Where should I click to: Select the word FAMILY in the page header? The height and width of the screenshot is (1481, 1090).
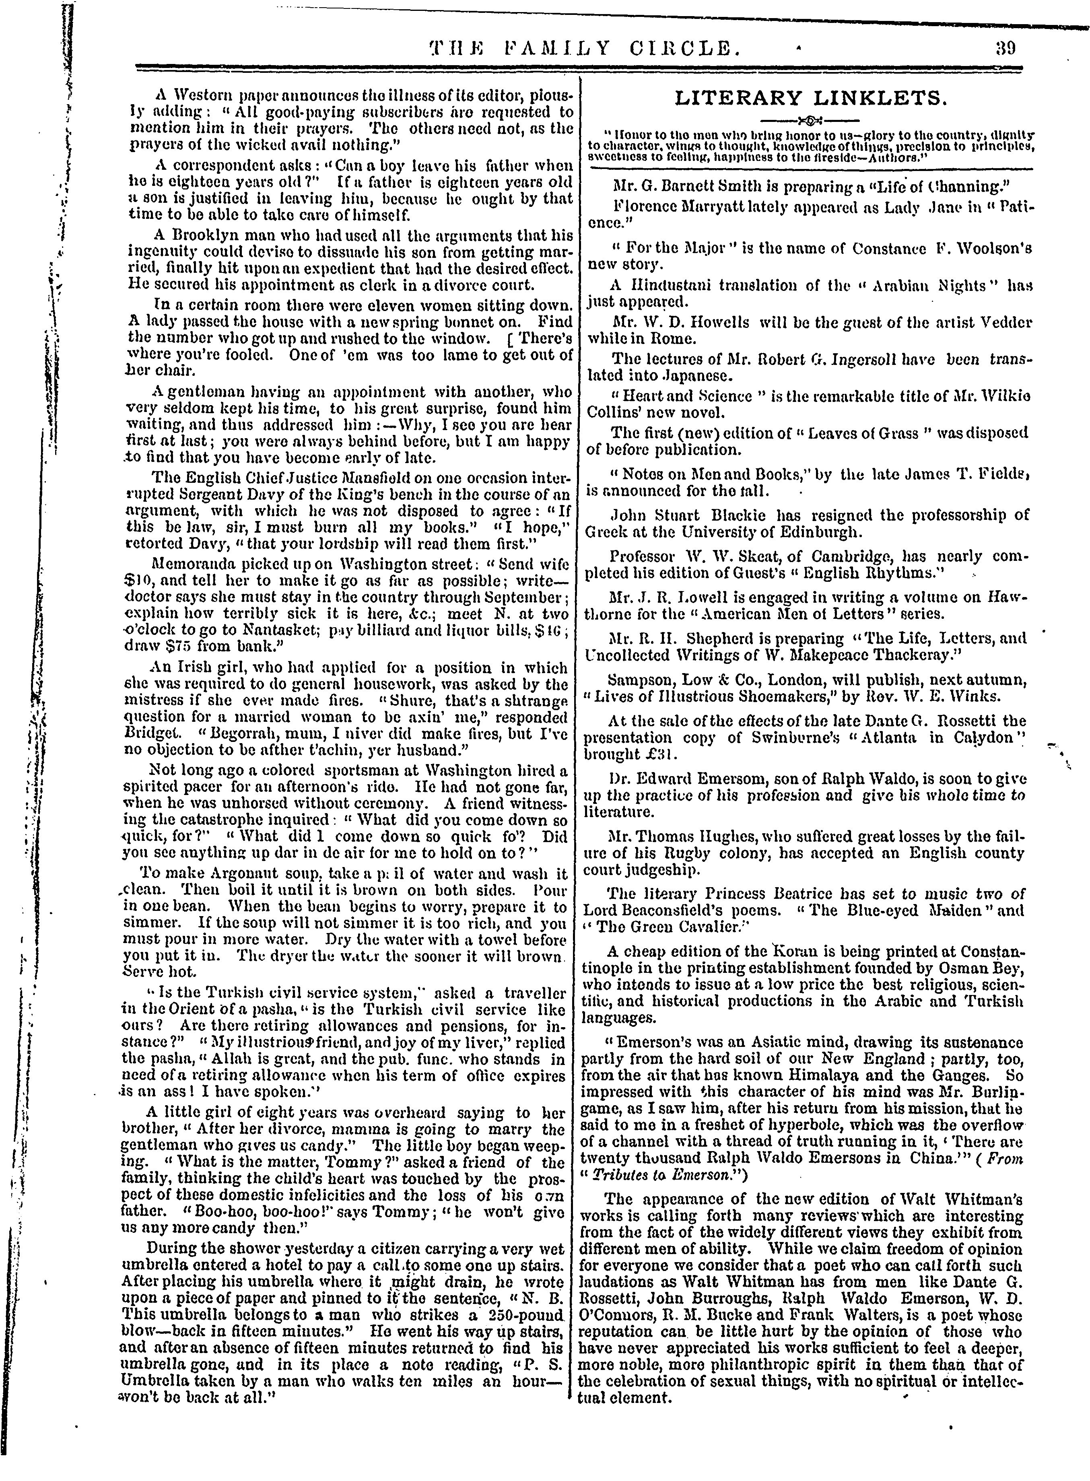coord(552,48)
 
